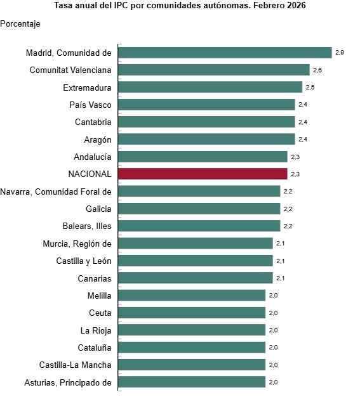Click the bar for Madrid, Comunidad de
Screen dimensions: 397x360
225,53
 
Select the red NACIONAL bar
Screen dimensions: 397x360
203,174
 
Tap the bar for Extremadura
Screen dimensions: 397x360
210,88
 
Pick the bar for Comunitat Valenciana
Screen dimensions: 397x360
214,70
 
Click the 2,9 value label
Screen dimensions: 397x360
339,53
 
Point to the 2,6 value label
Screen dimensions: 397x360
317,70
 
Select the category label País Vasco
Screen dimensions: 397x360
90,105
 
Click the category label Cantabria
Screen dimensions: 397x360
93,122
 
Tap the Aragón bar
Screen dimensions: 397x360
206,139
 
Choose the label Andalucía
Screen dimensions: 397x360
93,157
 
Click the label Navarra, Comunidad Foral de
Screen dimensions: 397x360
56,191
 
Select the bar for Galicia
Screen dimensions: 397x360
199,209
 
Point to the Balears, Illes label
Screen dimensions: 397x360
86,226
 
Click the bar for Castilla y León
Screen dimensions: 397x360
195,261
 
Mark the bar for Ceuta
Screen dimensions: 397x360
191,313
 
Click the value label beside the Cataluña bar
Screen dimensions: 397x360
273,348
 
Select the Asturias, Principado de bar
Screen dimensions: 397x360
191,382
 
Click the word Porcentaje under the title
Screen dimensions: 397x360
20,23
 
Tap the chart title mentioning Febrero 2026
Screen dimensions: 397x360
180,6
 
